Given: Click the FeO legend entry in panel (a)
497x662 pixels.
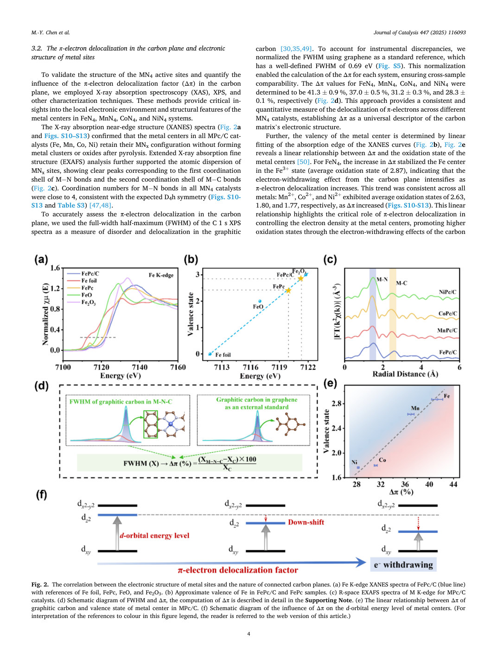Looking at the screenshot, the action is pyautogui.click(x=80, y=295).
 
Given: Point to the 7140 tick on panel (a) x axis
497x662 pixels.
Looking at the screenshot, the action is pyautogui.click(x=140, y=367).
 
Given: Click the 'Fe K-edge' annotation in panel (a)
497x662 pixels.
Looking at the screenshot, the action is pyautogui.click(x=161, y=275).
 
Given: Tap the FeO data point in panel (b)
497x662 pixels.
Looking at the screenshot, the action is pyautogui.click(x=260, y=301).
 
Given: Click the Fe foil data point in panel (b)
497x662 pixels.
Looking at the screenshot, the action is pyautogui.click(x=210, y=354).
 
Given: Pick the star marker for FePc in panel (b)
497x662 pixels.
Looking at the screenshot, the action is pyautogui.click(x=288, y=290).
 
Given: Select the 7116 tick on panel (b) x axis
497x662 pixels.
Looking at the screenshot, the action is pyautogui.click(x=251, y=367).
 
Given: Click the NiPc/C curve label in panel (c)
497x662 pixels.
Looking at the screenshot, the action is pyautogui.click(x=447, y=292).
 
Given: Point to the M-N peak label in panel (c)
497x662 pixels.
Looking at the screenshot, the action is pyautogui.click(x=382, y=279).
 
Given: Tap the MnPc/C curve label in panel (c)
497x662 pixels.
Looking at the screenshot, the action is pyautogui.click(x=447, y=330).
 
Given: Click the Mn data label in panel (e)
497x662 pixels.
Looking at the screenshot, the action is pyautogui.click(x=415, y=408).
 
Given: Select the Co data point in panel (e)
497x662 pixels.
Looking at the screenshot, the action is pyautogui.click(x=376, y=466).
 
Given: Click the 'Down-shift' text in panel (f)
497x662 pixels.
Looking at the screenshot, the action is pyautogui.click(x=306, y=522).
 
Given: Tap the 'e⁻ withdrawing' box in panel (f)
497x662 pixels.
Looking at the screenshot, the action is pyautogui.click(x=403, y=565).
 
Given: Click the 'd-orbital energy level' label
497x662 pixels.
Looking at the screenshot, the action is pyautogui.click(x=154, y=536).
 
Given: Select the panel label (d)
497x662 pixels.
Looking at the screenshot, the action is pyautogui.click(x=41, y=386).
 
